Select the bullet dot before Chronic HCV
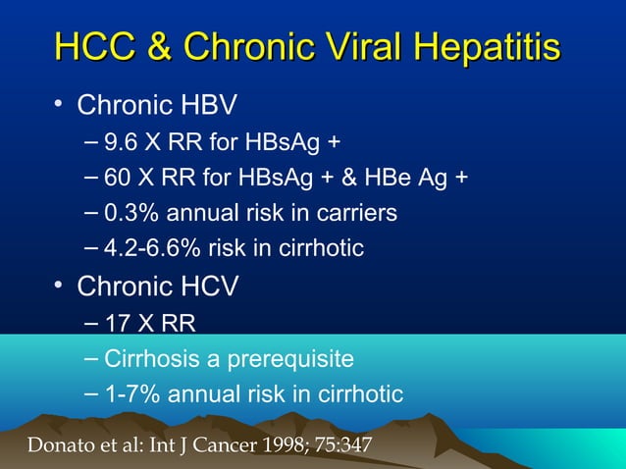[59, 286]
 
